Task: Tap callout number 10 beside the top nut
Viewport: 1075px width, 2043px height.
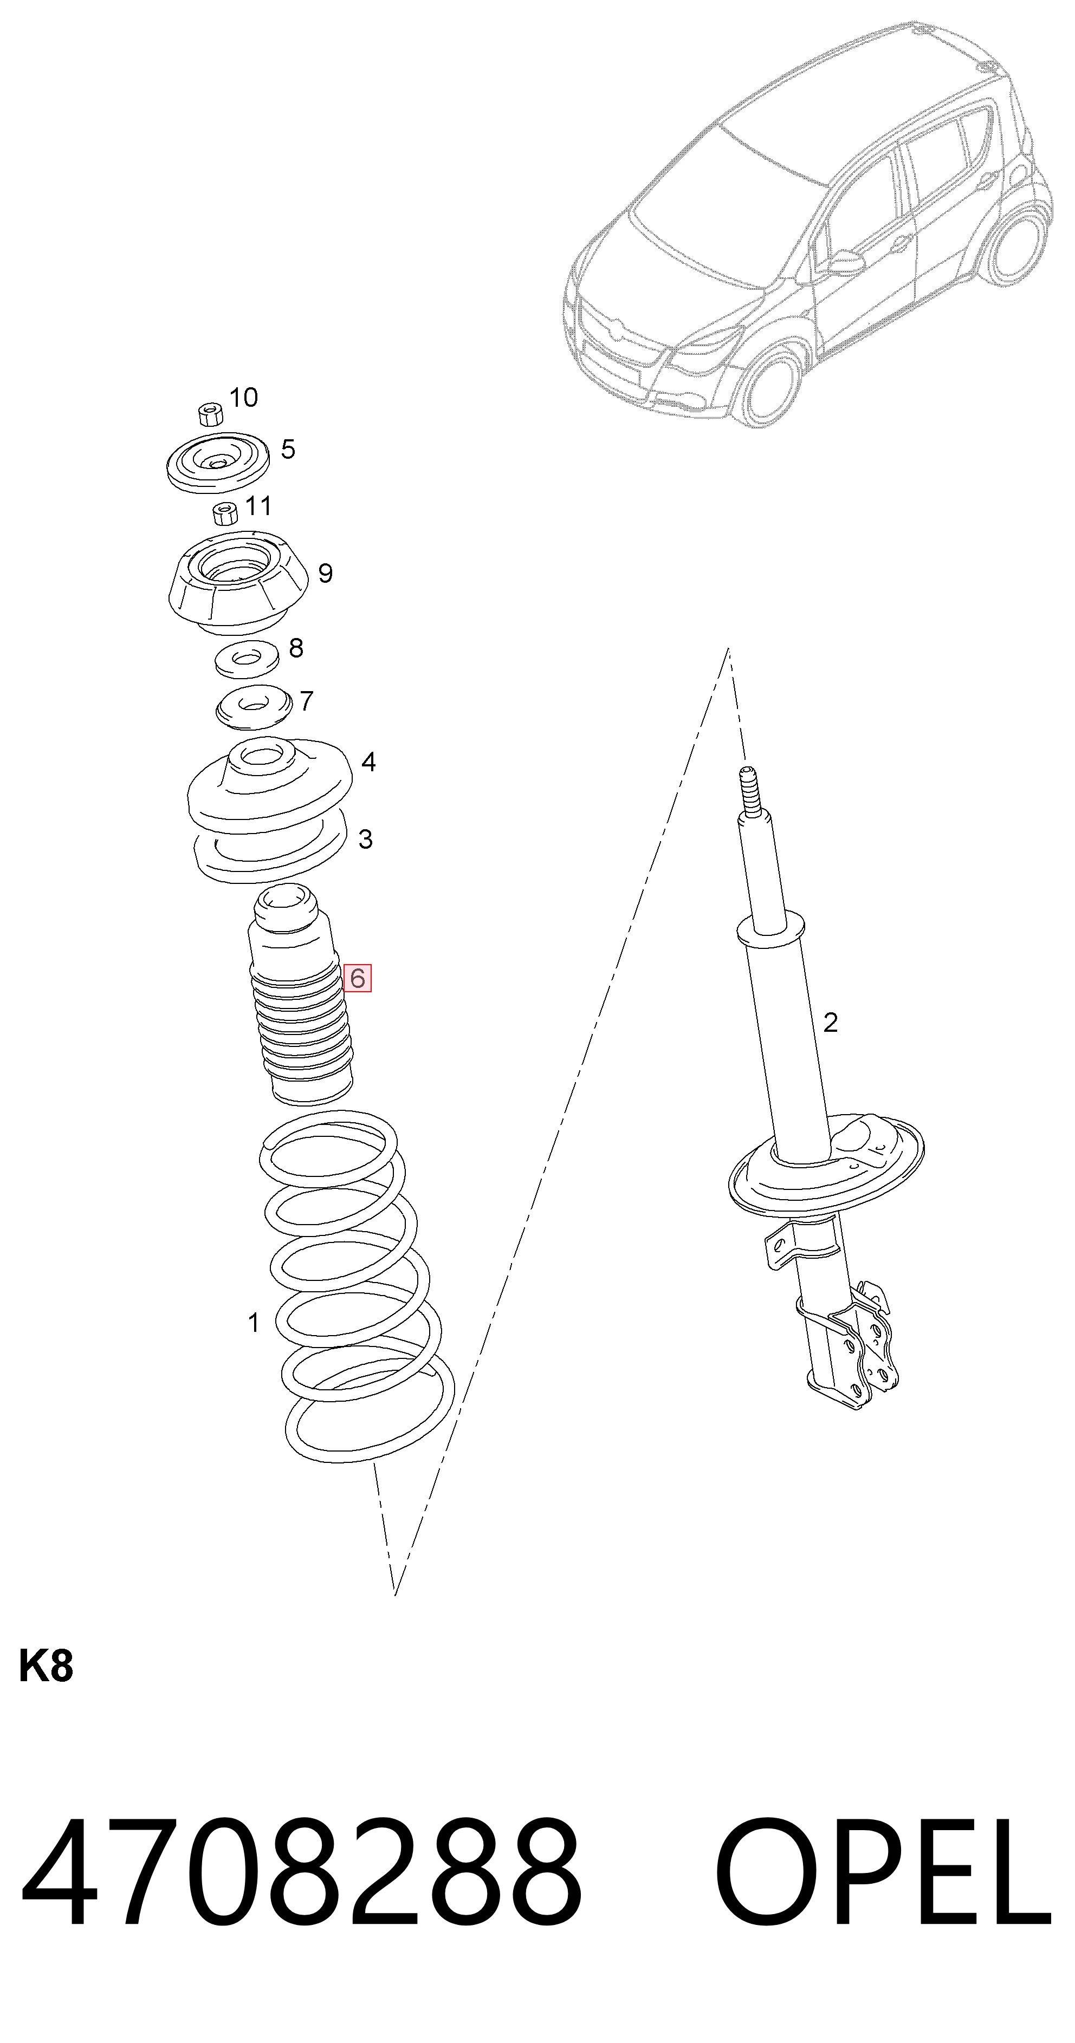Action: click(244, 398)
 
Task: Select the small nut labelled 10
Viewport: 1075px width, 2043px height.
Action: click(210, 414)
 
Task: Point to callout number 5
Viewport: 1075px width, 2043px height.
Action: click(288, 449)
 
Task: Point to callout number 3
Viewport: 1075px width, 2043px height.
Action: click(365, 838)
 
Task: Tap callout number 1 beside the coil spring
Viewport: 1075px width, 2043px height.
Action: click(253, 1322)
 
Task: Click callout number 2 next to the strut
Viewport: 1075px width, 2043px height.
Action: click(830, 1022)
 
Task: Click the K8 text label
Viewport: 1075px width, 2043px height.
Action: click(46, 1666)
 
